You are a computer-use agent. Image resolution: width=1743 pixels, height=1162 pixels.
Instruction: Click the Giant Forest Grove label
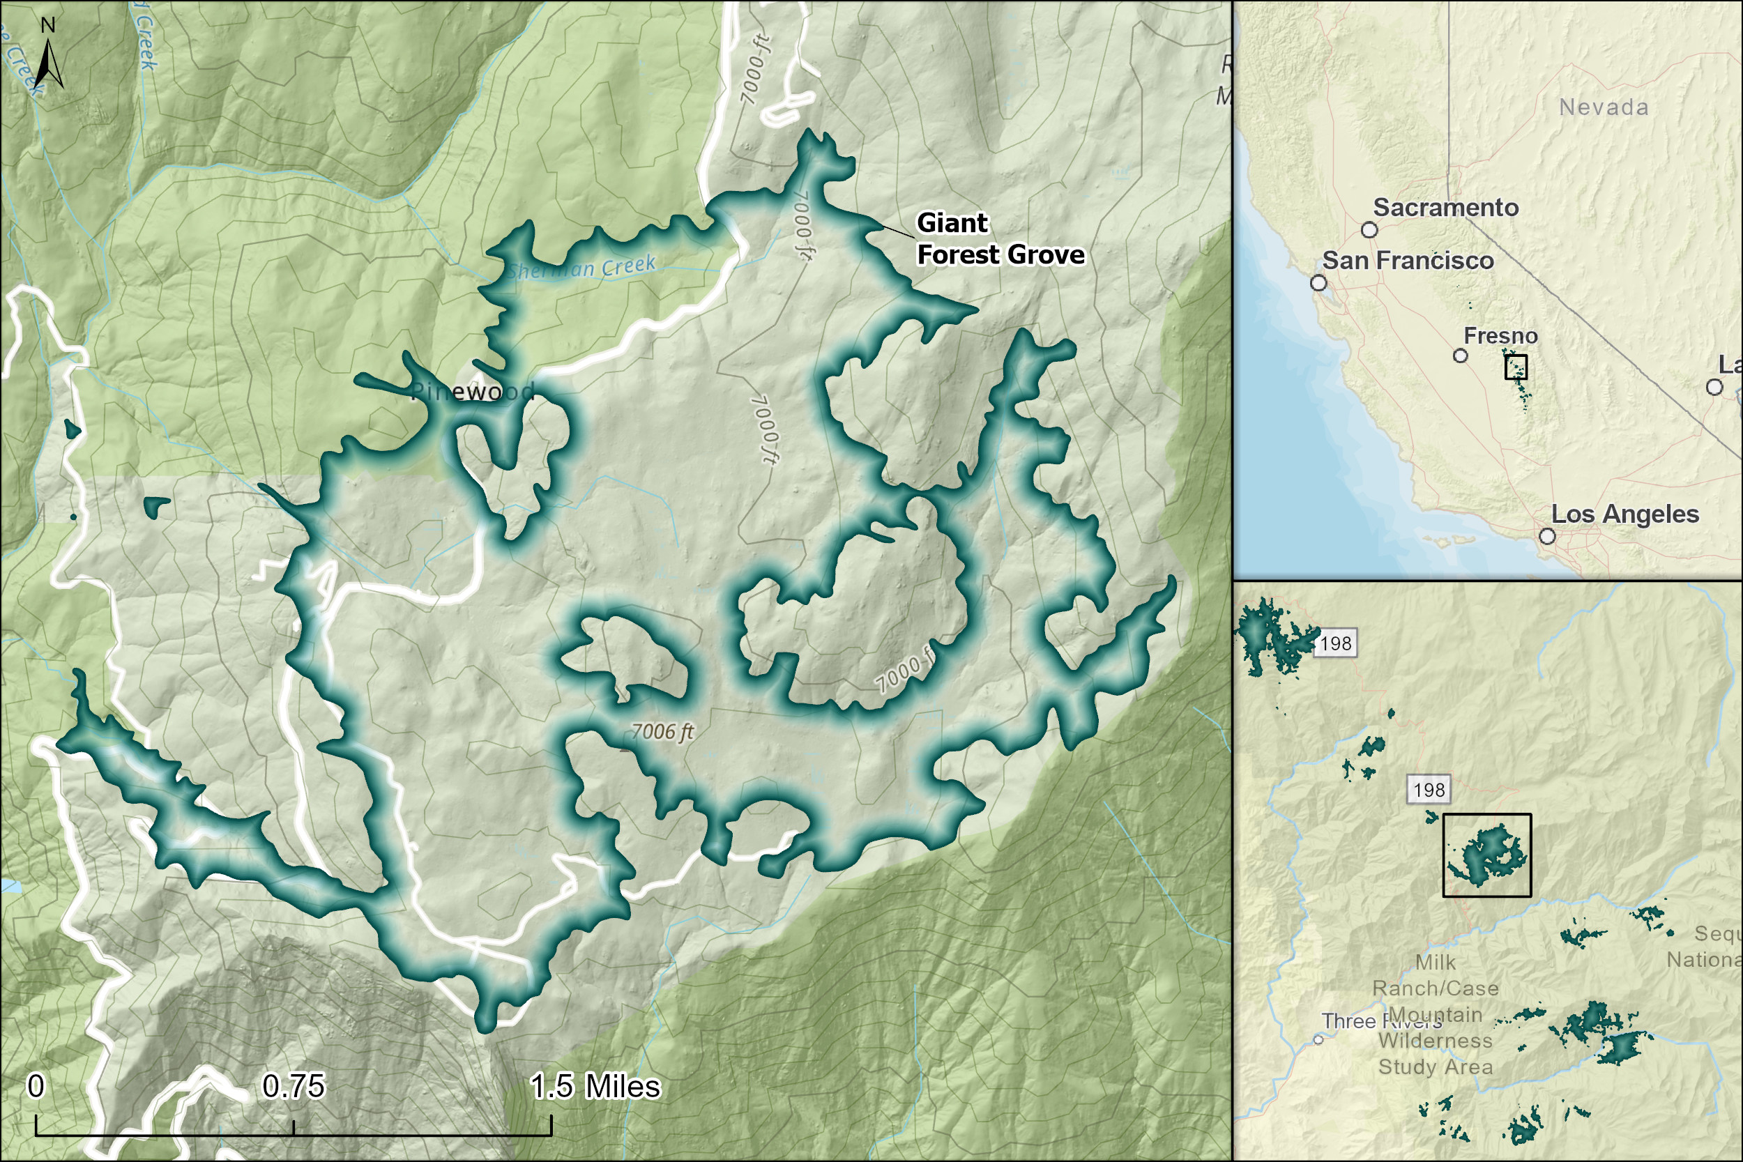pos(1000,238)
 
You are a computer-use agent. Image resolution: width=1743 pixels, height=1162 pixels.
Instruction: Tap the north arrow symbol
pos(48,63)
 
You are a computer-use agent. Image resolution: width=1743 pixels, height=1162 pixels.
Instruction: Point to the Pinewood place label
pos(472,391)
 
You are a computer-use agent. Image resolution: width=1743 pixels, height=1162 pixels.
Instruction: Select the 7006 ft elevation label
pos(662,732)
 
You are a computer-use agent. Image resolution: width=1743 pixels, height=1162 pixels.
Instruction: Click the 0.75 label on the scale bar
pos(294,1087)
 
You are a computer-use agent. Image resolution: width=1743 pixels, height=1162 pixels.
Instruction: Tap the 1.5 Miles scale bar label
pos(594,1087)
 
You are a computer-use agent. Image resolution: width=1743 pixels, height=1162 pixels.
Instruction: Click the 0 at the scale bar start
pos(36,1087)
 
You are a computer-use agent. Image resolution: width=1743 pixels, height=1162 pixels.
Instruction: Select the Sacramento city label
pos(1445,208)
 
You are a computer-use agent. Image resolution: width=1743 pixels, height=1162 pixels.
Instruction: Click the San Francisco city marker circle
pos(1318,282)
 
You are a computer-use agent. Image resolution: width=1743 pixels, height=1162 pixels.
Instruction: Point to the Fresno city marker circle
pos(1460,356)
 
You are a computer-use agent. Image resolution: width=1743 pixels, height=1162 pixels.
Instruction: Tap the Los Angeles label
pos(1624,514)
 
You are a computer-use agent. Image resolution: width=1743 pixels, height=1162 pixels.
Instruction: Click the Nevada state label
pos(1604,107)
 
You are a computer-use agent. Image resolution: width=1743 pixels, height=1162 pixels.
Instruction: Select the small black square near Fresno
pos(1516,367)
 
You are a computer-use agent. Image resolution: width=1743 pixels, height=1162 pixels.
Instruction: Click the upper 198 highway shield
pos(1336,643)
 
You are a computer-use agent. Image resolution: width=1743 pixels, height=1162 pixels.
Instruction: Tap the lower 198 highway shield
pos(1429,790)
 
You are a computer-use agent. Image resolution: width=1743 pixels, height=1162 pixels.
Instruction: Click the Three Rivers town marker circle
pos(1318,1040)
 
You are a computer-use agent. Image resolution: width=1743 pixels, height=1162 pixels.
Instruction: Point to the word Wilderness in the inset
pos(1435,1041)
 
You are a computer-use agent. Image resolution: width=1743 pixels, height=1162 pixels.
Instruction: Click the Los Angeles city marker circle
pos(1546,536)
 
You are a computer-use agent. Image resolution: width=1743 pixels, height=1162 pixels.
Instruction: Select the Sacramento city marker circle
pos(1369,230)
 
